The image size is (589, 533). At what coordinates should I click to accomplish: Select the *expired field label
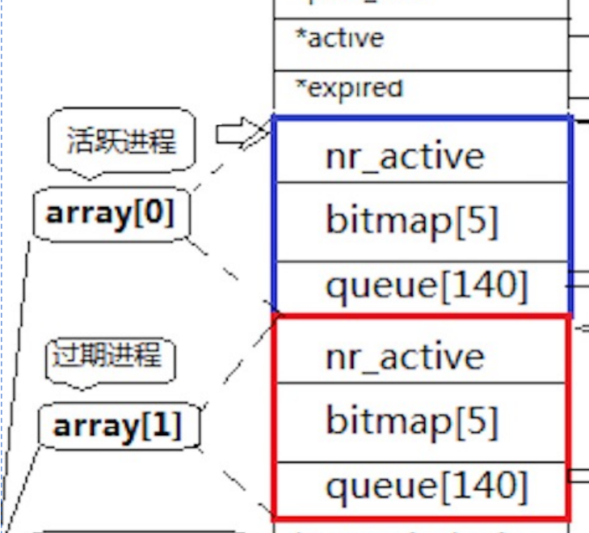(x=349, y=87)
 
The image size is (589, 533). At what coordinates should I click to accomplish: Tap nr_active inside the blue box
(x=404, y=156)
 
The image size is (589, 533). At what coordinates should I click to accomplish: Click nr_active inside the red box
(x=404, y=357)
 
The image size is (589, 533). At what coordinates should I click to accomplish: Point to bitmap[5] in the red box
(x=412, y=420)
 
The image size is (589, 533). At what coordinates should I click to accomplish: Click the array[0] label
(x=110, y=214)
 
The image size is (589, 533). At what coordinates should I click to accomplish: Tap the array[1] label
(x=117, y=426)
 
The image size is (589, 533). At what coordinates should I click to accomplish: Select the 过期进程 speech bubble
(x=108, y=355)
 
